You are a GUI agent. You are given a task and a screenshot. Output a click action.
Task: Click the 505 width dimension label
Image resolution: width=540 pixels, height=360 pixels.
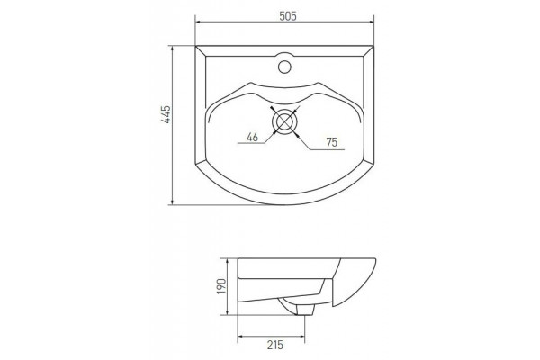[288, 16]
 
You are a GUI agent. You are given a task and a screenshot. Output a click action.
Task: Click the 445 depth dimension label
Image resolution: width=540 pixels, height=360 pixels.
[166, 114]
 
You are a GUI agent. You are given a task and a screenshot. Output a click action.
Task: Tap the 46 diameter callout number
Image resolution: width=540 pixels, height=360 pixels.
[252, 137]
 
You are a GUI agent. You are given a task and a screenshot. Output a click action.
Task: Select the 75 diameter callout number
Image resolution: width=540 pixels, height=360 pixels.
[331, 142]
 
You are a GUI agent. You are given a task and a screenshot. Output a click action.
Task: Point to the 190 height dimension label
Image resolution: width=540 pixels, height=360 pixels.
[220, 286]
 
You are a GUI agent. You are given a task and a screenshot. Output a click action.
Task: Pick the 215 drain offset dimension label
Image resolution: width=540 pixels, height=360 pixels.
[274, 345]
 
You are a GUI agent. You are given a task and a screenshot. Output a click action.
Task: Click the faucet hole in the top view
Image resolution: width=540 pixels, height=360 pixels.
[284, 67]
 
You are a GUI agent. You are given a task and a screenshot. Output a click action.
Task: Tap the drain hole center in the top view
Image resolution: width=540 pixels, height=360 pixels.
[284, 121]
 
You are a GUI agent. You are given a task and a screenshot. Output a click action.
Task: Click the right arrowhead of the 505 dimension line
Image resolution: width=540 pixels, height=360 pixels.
[371, 22]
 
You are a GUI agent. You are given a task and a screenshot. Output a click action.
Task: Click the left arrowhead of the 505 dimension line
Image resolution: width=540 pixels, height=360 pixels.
[198, 22]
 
